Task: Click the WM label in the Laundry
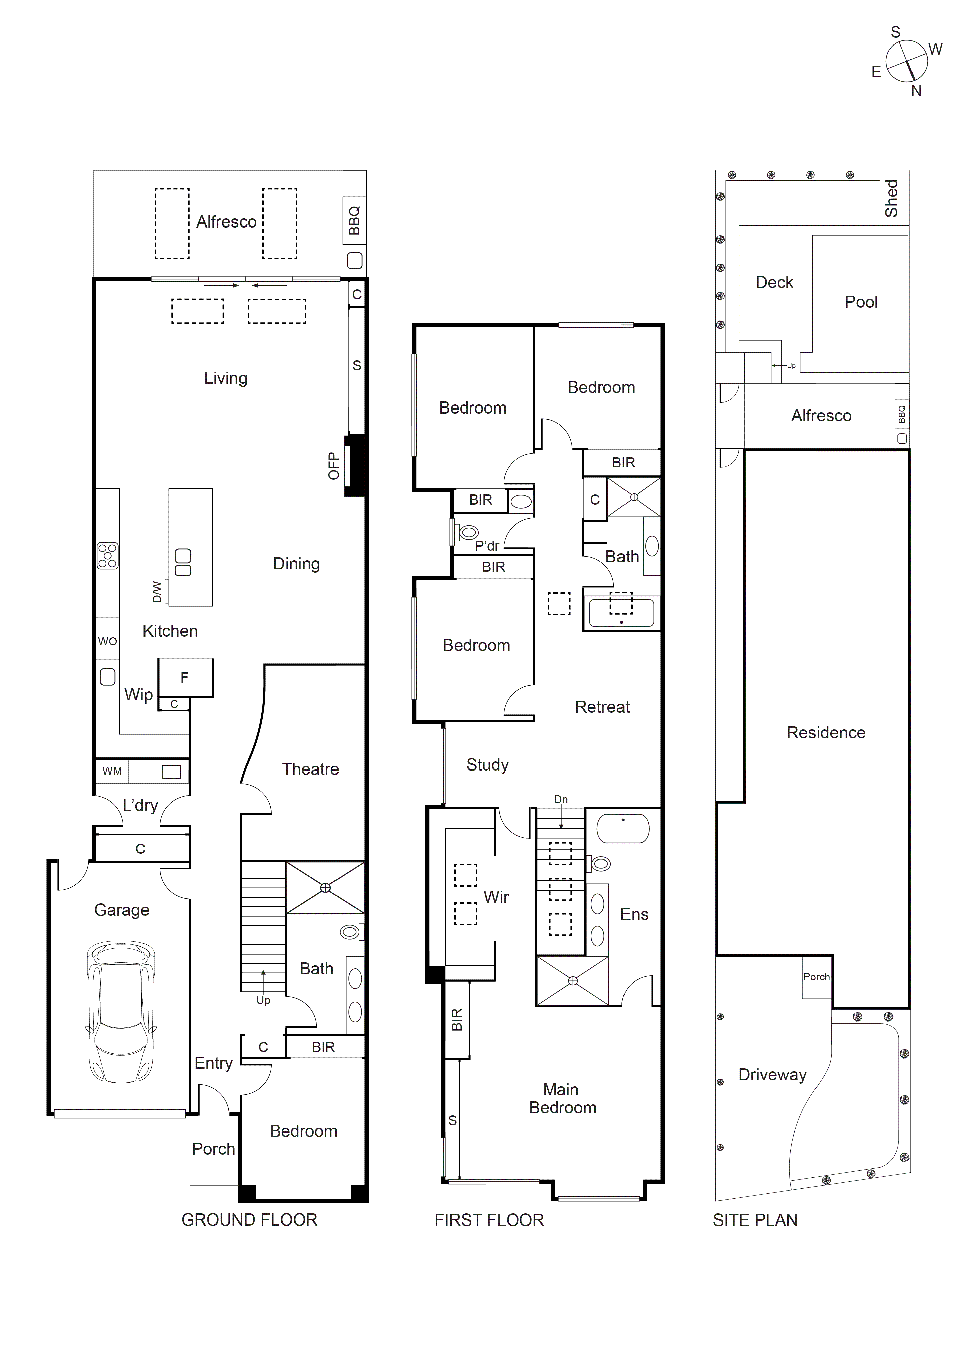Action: [112, 771]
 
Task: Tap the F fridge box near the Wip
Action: [185, 678]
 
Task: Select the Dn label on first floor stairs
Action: [561, 800]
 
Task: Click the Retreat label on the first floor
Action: [602, 707]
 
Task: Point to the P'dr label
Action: [487, 546]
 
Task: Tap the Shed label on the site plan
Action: [892, 199]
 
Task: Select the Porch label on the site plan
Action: [816, 977]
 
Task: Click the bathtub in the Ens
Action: [623, 828]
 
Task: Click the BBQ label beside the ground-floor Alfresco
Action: [354, 220]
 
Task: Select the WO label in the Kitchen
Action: [107, 641]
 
